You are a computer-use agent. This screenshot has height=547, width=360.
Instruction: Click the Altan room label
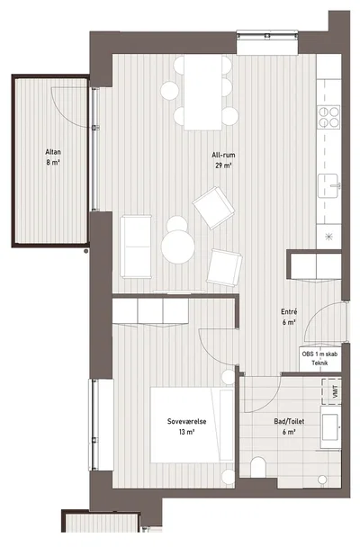point(53,152)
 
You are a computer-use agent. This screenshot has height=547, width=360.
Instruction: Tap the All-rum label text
point(223,155)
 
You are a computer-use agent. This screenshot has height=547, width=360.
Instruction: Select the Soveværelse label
point(186,421)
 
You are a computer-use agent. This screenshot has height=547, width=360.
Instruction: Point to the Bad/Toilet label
point(289,421)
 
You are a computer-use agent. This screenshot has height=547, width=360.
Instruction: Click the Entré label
point(289,312)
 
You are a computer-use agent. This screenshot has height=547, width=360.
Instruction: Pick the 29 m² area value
point(223,166)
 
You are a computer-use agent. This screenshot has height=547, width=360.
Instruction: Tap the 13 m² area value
point(186,432)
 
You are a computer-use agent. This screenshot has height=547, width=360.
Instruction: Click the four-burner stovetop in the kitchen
point(328,117)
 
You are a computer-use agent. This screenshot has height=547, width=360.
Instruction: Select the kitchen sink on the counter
point(328,185)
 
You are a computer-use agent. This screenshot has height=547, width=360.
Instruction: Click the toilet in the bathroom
point(258,467)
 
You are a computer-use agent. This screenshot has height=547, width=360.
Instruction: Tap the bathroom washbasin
point(330,427)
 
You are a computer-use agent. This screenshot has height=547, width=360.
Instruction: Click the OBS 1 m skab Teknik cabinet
point(319,359)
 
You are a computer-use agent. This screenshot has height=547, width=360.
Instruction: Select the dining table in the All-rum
point(203,92)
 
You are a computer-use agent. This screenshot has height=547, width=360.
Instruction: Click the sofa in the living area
point(136,247)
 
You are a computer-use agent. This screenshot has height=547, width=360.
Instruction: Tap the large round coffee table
point(178,247)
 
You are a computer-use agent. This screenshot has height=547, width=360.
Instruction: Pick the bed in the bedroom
point(192,425)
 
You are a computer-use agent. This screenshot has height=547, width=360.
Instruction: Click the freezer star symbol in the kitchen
point(328,237)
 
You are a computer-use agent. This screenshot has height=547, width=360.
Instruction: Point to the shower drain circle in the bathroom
point(322,480)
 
